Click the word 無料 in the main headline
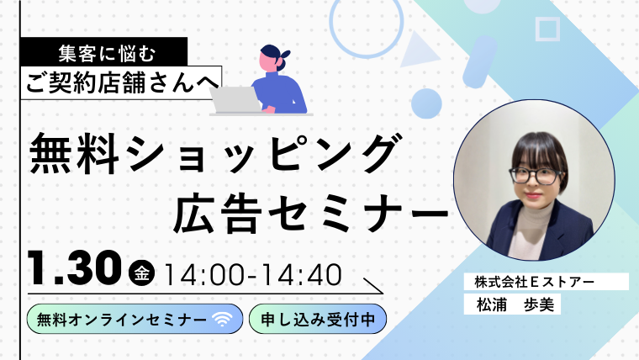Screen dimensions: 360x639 click(67, 156)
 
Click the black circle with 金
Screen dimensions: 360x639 click(142, 273)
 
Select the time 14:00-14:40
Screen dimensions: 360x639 click(251, 273)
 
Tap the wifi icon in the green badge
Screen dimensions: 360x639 click(222, 320)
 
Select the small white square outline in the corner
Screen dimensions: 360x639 click(547, 29)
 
